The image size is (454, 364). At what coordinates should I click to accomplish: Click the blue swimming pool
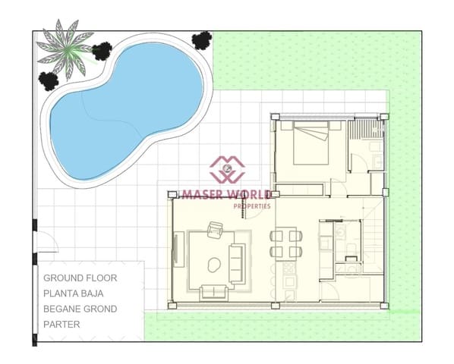coord(121,106)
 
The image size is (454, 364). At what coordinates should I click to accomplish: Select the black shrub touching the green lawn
coord(201,40)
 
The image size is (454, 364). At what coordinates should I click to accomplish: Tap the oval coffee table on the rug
coord(212,265)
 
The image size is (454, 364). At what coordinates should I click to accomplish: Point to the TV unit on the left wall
coord(178,251)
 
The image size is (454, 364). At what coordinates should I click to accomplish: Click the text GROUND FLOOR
coord(80,278)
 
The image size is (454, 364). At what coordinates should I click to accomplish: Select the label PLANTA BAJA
coord(78,293)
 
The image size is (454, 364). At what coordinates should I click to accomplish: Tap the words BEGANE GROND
coord(80,309)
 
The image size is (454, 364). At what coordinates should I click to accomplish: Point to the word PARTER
coord(61,324)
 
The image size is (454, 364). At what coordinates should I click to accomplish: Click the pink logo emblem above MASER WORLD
coord(227,170)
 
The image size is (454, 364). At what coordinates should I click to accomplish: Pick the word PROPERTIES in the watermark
coord(251,206)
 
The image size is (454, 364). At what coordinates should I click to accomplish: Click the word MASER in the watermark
coord(202,195)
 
